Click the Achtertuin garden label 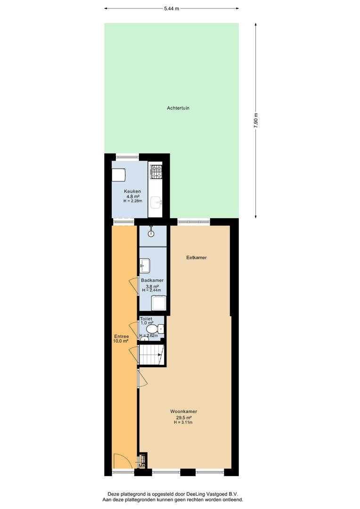point(178,108)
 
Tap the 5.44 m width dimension point(172,9)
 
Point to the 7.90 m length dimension point(256,121)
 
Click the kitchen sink point(156,203)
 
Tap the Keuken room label point(132,191)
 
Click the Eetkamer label point(196,257)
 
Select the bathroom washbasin point(145,265)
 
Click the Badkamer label point(152,280)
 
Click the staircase point(152,355)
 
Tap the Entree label point(122,337)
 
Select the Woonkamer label point(184,411)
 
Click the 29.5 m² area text point(184,418)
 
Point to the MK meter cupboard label point(142,466)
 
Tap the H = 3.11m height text point(183,422)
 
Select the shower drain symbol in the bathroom point(151,233)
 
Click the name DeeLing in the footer point(195,494)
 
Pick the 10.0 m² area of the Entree point(121,341)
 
